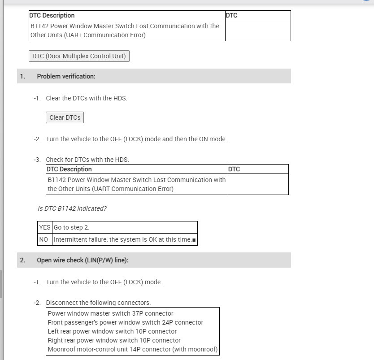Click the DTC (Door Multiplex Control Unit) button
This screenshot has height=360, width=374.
[x=79, y=56]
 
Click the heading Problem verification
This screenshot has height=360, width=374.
[x=66, y=76]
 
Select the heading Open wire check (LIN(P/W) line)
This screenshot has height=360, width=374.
[x=83, y=260]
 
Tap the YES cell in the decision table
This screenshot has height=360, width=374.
[x=45, y=227]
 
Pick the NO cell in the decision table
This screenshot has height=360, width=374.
[x=43, y=239]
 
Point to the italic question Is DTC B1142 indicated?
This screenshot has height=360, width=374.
[x=72, y=208]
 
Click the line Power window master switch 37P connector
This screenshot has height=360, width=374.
[x=110, y=313]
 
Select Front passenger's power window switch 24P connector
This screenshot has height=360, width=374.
[x=125, y=322]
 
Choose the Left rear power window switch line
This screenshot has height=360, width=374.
[x=112, y=331]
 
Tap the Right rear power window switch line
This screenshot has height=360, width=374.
[x=114, y=340]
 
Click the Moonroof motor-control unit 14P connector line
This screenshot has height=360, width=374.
[x=133, y=349]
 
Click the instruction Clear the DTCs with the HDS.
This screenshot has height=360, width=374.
[x=87, y=98]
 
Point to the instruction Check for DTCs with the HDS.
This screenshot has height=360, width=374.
[x=87, y=160]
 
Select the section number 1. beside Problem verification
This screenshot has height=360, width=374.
[x=22, y=76]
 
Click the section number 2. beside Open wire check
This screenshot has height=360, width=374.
[x=22, y=260]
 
